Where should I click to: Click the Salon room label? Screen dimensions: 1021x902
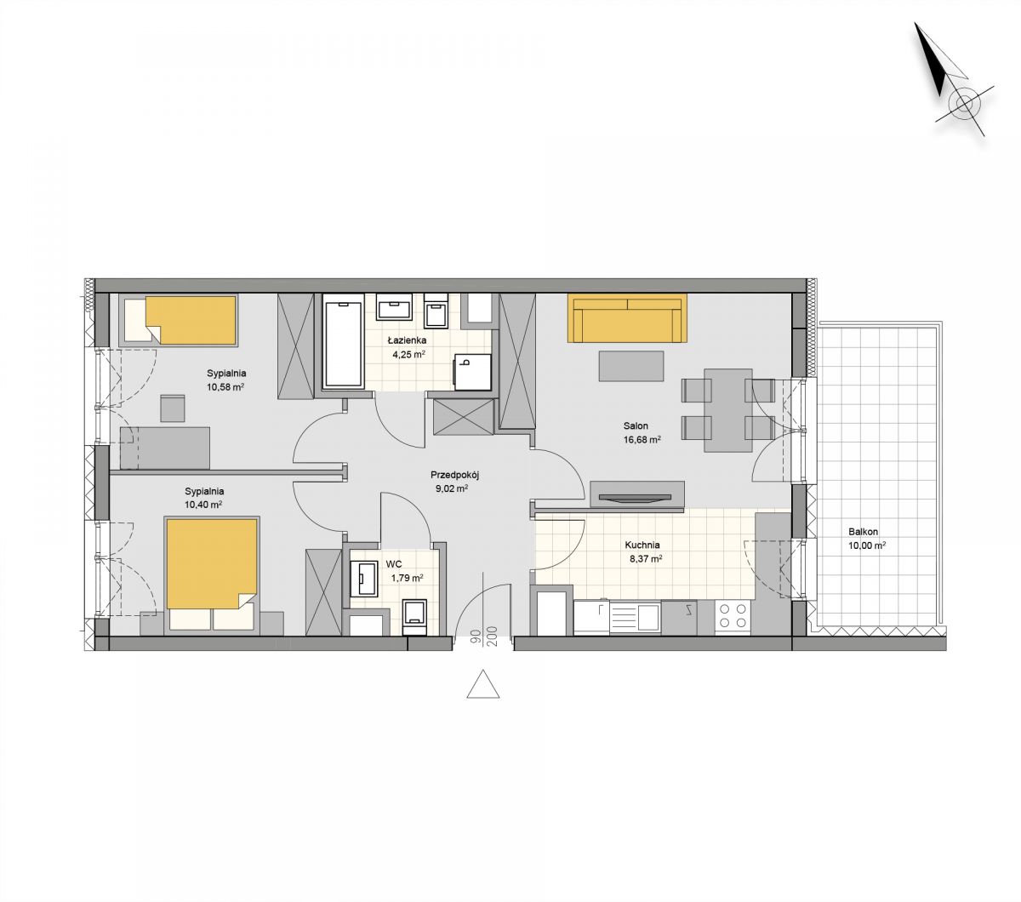636,426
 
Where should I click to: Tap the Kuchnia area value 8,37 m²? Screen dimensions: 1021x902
646,559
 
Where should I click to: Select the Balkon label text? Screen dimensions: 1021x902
863,532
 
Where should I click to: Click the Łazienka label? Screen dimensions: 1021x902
407,341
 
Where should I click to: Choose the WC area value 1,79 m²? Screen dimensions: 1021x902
407,578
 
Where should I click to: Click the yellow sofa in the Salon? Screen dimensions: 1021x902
627,318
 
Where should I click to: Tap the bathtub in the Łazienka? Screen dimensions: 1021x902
343,345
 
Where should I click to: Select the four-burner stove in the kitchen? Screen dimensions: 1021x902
733,616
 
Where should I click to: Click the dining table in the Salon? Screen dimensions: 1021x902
727,410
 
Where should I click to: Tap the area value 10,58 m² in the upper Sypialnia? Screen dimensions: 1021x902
225,387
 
